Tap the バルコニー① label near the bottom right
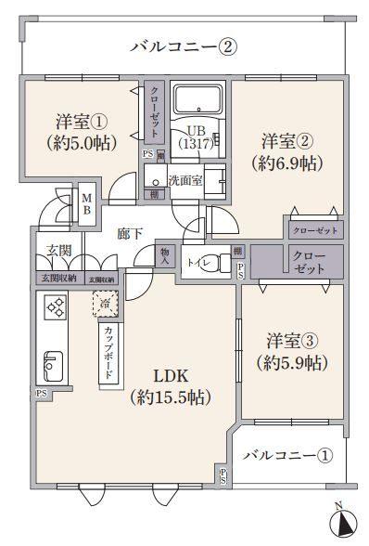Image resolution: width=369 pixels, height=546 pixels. pyautogui.click(x=286, y=456)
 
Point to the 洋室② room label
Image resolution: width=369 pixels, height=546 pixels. pyautogui.click(x=284, y=142)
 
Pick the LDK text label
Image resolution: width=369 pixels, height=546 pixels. pyautogui.click(x=172, y=376)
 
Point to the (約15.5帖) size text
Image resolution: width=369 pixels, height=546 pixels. pyautogui.click(x=172, y=397)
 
